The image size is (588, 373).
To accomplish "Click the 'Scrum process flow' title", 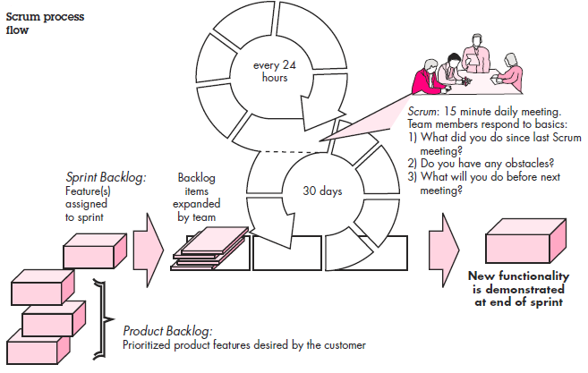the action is click(x=45, y=23).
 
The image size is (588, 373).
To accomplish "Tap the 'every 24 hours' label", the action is click(x=275, y=72).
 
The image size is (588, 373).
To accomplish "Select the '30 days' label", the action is click(x=322, y=191).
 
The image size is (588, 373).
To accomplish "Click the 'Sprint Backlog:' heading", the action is click(x=107, y=177).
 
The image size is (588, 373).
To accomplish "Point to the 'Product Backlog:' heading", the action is click(x=167, y=331).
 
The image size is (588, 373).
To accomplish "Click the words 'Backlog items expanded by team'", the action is click(x=197, y=197).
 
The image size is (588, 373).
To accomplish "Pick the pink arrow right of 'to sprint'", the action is click(x=149, y=250).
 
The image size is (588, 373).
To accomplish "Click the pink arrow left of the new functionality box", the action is click(x=445, y=250).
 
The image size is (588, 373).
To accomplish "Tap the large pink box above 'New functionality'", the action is click(x=525, y=241).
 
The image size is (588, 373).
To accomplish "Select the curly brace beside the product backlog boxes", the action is click(x=101, y=319).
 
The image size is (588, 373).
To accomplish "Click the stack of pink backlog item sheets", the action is click(x=210, y=249).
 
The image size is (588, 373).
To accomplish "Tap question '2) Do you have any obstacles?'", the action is click(x=481, y=164).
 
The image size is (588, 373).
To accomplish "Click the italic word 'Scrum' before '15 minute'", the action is click(x=422, y=112).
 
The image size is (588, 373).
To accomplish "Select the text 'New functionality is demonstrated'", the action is click(x=518, y=283).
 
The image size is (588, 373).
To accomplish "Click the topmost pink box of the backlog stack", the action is click(x=95, y=250).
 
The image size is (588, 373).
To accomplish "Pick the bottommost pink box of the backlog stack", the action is click(x=38, y=346).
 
